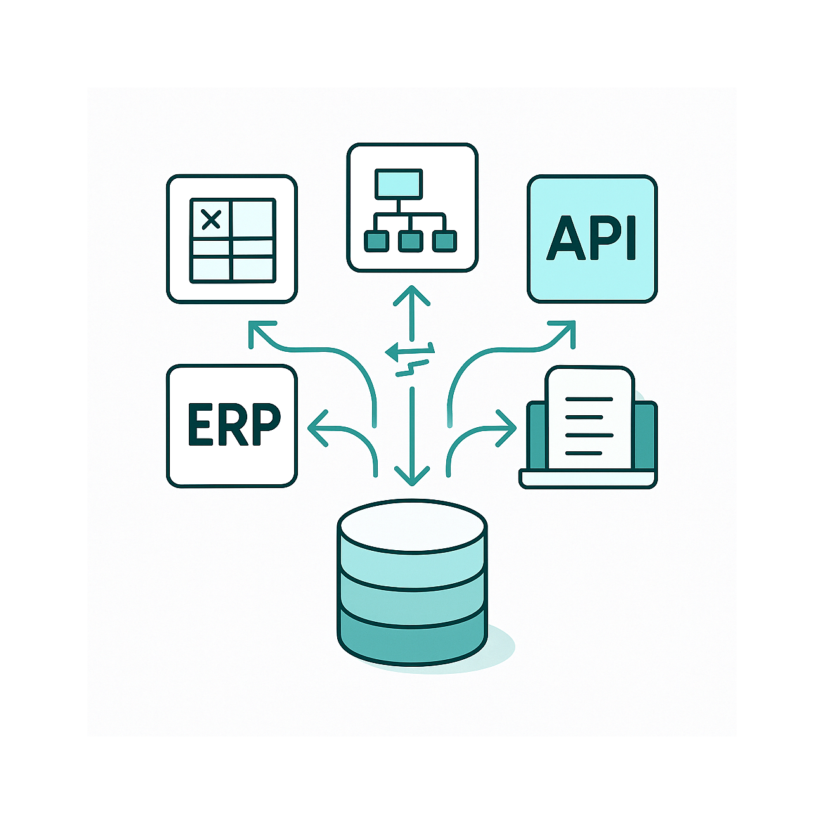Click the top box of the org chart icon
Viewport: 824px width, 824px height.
pyautogui.click(x=398, y=184)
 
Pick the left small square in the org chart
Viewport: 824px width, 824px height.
pyautogui.click(x=375, y=241)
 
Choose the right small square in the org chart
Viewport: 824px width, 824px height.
pyautogui.click(x=444, y=241)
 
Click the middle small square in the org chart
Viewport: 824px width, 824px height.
pyautogui.click(x=410, y=241)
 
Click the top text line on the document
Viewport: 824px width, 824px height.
pyautogui.click(x=588, y=400)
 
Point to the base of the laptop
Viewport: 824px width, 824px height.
pyautogui.click(x=588, y=479)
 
